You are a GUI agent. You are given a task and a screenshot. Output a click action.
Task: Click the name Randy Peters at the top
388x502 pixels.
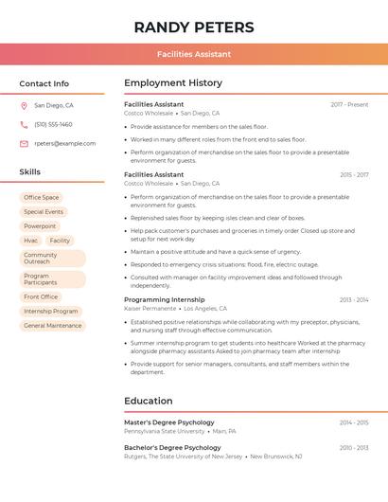[x=194, y=26]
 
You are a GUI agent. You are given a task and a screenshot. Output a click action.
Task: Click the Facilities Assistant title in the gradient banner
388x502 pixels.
[x=194, y=54]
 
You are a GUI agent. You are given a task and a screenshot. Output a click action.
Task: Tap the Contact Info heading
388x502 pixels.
[x=44, y=83]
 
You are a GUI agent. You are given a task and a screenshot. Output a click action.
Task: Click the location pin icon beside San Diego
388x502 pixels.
[x=24, y=106]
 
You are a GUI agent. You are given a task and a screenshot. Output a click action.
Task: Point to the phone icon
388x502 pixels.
[x=24, y=125]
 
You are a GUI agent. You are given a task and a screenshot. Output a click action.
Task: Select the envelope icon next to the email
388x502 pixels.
[x=24, y=144]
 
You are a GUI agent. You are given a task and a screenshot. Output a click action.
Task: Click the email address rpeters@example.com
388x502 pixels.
[x=65, y=144]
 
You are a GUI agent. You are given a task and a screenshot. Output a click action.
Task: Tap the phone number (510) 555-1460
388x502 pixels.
[x=53, y=125]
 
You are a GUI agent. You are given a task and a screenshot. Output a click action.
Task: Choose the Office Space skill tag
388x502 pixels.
[x=42, y=197]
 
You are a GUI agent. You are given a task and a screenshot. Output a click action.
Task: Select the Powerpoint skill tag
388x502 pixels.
[x=40, y=226]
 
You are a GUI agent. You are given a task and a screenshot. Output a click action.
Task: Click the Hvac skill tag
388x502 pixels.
[x=31, y=241]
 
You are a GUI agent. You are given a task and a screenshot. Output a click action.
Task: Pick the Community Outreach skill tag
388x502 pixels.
[x=41, y=258]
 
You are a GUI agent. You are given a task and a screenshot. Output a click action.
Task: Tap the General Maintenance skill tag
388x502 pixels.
[x=53, y=326]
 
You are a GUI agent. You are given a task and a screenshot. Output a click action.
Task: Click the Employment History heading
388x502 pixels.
[x=173, y=83]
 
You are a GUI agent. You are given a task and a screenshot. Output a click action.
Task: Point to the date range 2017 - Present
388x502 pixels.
[x=349, y=104]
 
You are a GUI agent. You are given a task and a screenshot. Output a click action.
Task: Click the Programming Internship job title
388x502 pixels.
[x=165, y=299]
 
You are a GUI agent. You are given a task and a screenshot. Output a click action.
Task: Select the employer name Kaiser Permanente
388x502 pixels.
[x=150, y=309]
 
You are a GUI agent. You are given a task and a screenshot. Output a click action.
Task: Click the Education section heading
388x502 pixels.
[x=149, y=401]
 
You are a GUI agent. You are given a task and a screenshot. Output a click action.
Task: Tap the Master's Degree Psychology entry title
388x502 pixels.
[x=169, y=422]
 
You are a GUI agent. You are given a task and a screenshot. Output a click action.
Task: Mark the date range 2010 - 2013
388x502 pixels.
[x=354, y=447]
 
